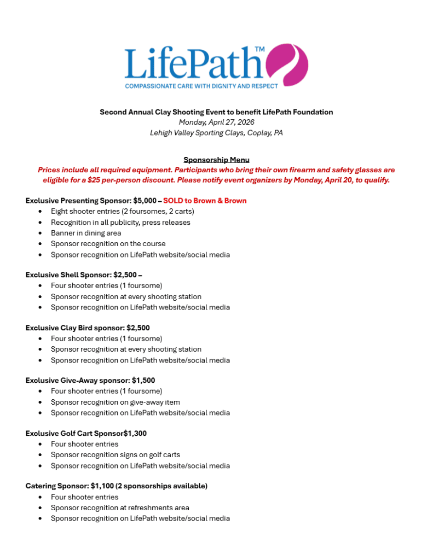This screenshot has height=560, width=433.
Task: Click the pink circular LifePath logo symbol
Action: [x=287, y=65]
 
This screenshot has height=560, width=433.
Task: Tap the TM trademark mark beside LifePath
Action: [x=259, y=50]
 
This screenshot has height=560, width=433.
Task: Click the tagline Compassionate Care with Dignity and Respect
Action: [x=201, y=86]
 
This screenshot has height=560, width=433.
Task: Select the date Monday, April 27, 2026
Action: [x=216, y=122]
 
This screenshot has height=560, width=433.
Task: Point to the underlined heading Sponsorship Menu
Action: [x=216, y=160]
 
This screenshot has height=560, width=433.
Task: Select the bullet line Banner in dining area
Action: [x=86, y=233]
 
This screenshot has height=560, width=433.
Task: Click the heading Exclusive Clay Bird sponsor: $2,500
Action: [x=88, y=328]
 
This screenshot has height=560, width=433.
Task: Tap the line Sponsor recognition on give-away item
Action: [x=116, y=402]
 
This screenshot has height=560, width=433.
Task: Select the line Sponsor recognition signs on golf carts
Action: [x=116, y=454]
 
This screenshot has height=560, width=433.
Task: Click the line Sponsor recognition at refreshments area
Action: [x=120, y=507]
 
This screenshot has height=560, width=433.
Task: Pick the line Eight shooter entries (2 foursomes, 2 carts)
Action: [x=122, y=211]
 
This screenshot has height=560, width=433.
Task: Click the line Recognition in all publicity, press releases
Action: [x=120, y=223]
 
